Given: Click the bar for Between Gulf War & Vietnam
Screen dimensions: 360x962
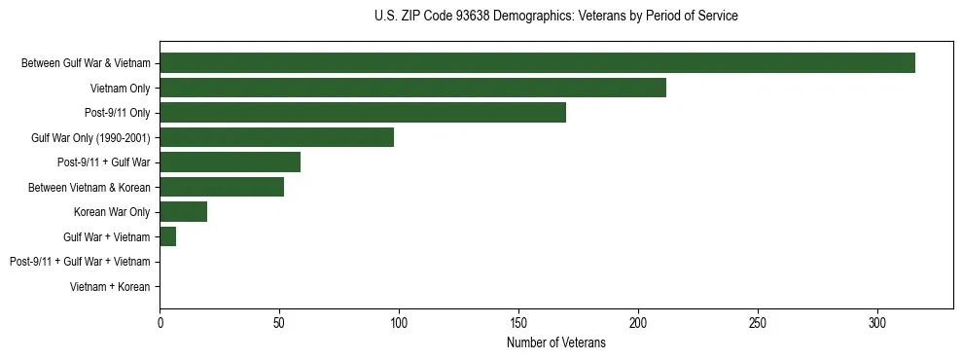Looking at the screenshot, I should coord(537,63).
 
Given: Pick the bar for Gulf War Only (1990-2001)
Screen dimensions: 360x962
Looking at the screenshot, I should coord(276,137).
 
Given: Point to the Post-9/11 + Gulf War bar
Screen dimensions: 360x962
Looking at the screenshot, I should coord(230,162).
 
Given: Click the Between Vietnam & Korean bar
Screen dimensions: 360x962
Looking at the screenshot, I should coord(222,187).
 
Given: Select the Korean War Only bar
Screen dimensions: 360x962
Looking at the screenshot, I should coord(183,212).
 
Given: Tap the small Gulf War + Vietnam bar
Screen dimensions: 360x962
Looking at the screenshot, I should coord(167,236).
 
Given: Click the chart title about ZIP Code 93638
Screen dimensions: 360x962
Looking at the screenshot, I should coord(555,17).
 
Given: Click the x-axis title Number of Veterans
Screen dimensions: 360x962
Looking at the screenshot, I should coord(555,342).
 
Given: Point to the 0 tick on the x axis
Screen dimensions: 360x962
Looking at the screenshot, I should coord(160,323).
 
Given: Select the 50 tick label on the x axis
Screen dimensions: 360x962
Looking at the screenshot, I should coord(279,323).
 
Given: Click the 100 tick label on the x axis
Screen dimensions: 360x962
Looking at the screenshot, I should coord(399,323).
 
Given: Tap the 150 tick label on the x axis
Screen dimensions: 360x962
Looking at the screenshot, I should coord(518,323).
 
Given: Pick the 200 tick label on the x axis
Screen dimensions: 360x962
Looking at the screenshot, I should coord(638,323).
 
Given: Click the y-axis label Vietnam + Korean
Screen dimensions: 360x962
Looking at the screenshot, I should coord(110,287).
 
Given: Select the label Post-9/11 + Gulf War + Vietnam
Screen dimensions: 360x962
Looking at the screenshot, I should coord(80,262).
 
